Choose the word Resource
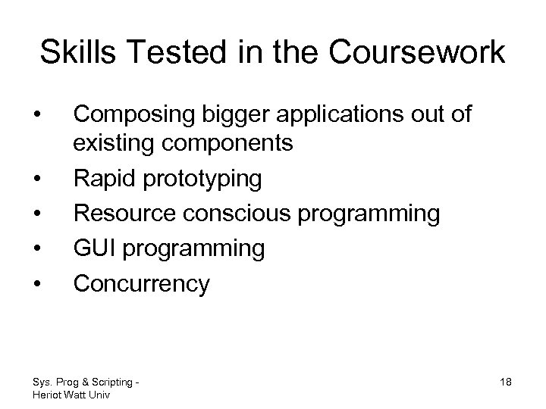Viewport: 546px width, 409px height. (x=124, y=214)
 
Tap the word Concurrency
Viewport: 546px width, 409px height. (x=141, y=283)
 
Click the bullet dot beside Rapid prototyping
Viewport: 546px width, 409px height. (x=37, y=180)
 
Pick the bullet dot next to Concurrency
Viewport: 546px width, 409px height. (x=37, y=284)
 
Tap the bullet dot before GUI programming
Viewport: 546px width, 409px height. (x=37, y=249)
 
